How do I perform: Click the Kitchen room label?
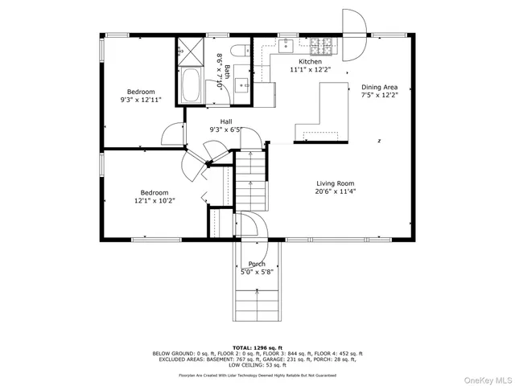point(310,62)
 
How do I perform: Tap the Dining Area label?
point(379,87)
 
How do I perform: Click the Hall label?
point(227,121)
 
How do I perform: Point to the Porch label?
point(257,264)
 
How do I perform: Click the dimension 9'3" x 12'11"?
point(142,99)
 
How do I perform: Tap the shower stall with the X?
point(191,51)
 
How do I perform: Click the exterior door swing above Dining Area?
point(354,23)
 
